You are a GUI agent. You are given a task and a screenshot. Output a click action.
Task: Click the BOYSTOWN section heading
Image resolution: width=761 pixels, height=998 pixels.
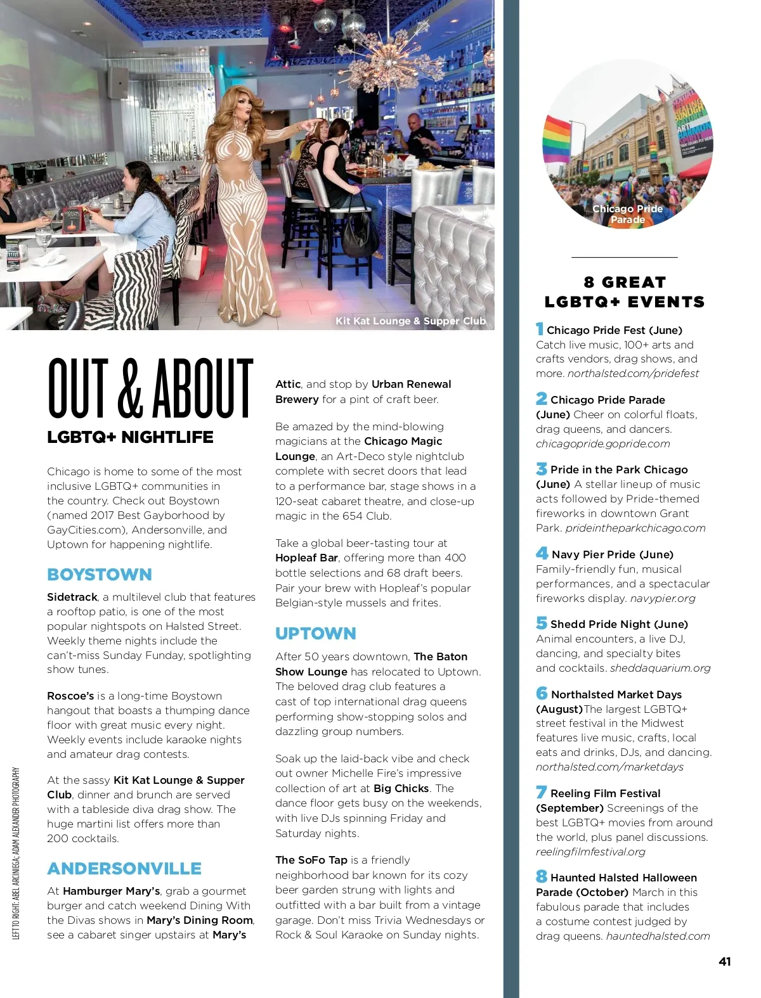100,575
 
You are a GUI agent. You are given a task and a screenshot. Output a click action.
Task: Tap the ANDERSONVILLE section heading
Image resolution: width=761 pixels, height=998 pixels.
124,869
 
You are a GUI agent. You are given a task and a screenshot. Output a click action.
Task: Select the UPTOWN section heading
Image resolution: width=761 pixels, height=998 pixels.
316,634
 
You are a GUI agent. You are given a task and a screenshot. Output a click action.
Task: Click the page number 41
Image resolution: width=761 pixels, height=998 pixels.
725,962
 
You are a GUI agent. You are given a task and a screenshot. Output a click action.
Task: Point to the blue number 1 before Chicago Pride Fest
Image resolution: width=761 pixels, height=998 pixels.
540,329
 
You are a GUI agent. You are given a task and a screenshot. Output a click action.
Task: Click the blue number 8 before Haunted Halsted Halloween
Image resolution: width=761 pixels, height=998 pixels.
541,876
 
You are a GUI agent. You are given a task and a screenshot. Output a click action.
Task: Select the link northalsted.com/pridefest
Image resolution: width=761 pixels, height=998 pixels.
633,374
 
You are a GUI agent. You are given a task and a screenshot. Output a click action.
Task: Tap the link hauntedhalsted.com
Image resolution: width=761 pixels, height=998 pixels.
658,937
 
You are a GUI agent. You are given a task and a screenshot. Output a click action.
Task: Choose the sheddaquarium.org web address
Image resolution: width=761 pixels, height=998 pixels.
660,669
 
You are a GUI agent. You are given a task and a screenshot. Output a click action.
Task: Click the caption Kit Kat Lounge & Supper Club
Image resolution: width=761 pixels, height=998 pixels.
410,321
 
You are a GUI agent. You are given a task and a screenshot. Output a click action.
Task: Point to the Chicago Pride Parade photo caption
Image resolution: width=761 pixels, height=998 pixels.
627,214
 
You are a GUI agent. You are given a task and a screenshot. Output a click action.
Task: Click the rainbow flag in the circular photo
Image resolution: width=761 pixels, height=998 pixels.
557,139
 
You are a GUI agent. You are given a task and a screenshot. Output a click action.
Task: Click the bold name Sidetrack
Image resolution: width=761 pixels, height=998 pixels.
72,598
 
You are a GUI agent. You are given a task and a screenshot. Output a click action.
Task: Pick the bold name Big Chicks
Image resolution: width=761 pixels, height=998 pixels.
401,789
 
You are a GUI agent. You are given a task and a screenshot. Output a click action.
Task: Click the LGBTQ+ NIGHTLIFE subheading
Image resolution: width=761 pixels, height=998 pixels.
130,437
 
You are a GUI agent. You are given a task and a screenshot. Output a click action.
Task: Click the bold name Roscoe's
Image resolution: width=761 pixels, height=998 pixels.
70,696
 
